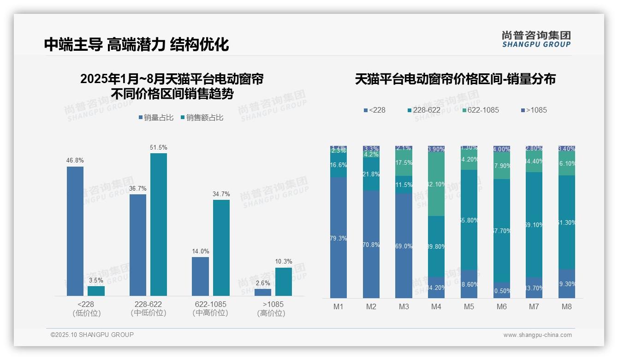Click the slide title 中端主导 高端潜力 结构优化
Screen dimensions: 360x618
[x=137, y=44]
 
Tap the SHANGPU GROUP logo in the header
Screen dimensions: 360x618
[x=536, y=39]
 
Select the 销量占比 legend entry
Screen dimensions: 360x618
[x=156, y=118]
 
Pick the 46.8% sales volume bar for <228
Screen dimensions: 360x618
[x=75, y=231]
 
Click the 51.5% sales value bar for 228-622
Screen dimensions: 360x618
[x=159, y=224]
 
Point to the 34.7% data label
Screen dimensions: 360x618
[x=221, y=194]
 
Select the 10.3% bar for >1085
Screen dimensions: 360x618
[x=284, y=282]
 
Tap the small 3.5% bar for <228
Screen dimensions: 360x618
[x=96, y=291]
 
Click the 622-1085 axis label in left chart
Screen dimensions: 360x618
[x=210, y=305]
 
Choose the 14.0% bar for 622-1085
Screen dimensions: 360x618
[x=200, y=276]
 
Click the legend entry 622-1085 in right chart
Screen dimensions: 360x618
[x=480, y=110]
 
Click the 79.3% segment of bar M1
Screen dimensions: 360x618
[x=339, y=238]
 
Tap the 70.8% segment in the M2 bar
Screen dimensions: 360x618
[x=371, y=245]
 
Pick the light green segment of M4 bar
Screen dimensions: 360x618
[x=436, y=184]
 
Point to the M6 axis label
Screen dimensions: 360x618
[x=502, y=307]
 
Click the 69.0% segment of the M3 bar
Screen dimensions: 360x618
[x=404, y=246]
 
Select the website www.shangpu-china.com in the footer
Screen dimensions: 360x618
[x=537, y=335]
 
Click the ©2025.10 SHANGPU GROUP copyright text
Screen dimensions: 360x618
[x=92, y=335]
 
